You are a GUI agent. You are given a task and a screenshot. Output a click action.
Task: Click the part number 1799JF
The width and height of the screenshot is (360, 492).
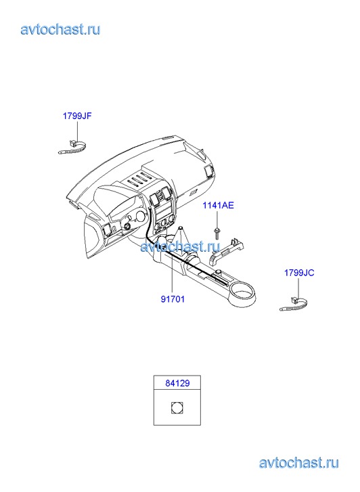point(77,116)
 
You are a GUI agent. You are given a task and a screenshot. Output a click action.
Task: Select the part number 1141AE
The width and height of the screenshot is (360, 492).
point(218,206)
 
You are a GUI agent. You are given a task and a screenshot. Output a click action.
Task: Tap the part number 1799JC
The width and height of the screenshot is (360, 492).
point(299,273)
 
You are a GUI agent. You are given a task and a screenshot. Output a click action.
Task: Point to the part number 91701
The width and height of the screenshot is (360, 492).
point(173,299)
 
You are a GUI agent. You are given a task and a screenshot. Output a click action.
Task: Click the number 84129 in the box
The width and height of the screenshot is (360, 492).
point(177,383)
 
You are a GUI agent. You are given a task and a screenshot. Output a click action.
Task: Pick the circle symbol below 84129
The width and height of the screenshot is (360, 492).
point(177,407)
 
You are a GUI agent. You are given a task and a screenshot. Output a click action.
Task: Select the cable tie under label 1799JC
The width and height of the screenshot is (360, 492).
point(293,304)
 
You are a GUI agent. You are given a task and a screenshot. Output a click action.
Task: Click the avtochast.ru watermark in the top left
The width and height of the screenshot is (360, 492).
point(60,30)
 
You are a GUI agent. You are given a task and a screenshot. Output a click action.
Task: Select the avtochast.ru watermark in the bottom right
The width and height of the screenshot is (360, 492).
point(299,463)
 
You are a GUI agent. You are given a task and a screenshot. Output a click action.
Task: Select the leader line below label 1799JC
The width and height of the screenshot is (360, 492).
point(298,288)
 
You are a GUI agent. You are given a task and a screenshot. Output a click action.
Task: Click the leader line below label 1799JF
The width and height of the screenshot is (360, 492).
point(77,131)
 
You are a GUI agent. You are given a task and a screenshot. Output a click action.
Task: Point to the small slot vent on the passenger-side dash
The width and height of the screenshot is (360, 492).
point(193,192)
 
